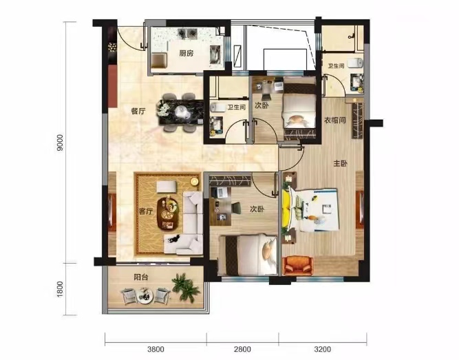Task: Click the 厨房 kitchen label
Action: [x=186, y=53]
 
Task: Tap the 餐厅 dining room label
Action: [x=138, y=111]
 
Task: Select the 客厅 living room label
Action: [x=145, y=211]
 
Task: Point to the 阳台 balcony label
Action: [x=141, y=277]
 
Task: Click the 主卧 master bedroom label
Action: [x=340, y=163]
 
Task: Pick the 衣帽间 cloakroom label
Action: [x=335, y=120]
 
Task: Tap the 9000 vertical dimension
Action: [x=60, y=142]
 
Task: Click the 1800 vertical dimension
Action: [x=60, y=289]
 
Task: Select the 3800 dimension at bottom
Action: [x=156, y=349]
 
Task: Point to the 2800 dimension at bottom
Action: [x=242, y=349]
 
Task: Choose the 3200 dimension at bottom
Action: [x=323, y=349]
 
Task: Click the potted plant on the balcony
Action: [x=186, y=287]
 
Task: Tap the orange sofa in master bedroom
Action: [x=298, y=266]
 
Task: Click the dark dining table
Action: [x=180, y=112]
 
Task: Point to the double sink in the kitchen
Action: [x=187, y=34]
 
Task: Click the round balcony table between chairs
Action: [x=145, y=295]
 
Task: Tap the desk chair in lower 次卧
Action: [x=236, y=208]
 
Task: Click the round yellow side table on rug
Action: [x=194, y=182]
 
